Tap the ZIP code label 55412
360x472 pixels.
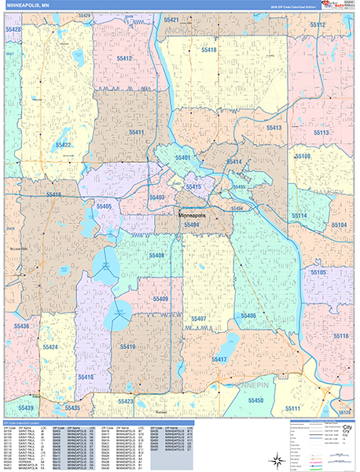[123, 59]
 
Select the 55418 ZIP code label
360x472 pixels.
[208, 50]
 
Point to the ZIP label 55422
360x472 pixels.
[64, 146]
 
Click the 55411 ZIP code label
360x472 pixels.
[135, 132]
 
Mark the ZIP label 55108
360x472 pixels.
[303, 157]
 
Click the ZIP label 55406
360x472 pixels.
[248, 315]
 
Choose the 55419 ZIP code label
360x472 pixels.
[127, 345]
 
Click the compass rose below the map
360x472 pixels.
[277, 460]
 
